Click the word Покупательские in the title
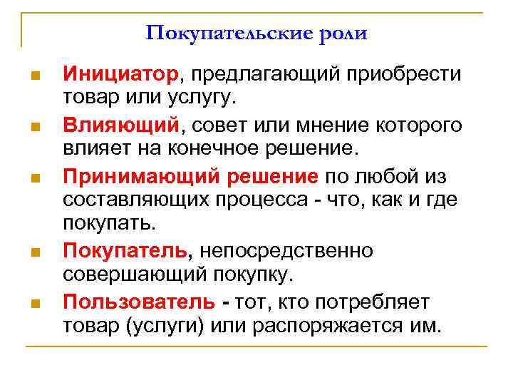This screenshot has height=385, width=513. coord(219,34)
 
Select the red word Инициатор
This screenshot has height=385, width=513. coord(121,74)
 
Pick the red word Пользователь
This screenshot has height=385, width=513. coord(138,302)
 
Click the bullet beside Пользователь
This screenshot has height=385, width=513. coord(35,304)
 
